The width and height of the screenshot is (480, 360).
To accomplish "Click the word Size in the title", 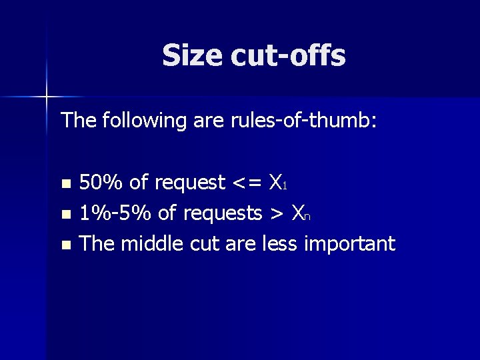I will [x=192, y=55].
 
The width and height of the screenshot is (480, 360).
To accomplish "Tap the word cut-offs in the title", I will [x=288, y=55].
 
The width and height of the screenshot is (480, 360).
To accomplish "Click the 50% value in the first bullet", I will [x=101, y=182].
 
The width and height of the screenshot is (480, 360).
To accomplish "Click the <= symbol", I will [x=247, y=183].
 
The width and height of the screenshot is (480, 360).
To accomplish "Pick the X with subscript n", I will [x=301, y=214].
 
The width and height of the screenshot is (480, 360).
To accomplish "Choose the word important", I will [x=349, y=245].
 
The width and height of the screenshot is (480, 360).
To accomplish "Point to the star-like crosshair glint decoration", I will [x=47, y=97].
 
